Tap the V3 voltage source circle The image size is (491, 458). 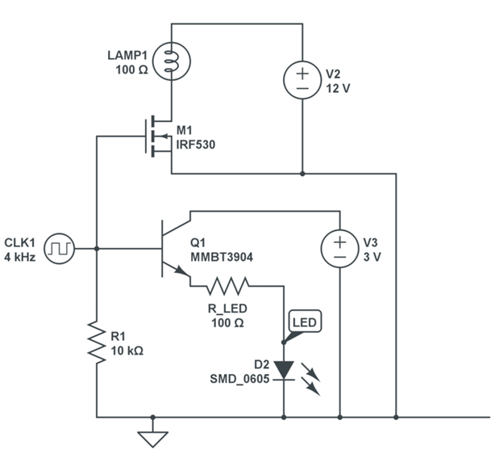pyautogui.click(x=339, y=249)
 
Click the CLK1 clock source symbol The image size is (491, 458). pyautogui.click(x=59, y=249)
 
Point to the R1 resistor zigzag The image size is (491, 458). pyautogui.click(x=96, y=343)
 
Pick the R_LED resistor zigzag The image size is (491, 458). pyautogui.click(x=228, y=284)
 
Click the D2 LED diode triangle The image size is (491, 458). pyautogui.click(x=284, y=370)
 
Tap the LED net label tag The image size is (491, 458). pyautogui.click(x=306, y=322)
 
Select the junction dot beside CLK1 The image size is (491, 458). pyautogui.click(x=96, y=249)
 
